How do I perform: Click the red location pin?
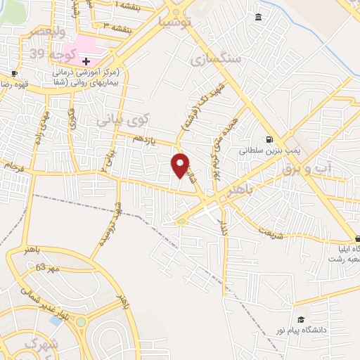[181, 165]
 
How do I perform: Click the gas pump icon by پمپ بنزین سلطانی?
[269, 139]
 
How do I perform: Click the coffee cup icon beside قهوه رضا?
[14, 73]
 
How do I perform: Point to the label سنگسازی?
[217, 59]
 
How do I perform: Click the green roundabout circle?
[81, 322]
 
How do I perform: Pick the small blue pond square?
[55, 321]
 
